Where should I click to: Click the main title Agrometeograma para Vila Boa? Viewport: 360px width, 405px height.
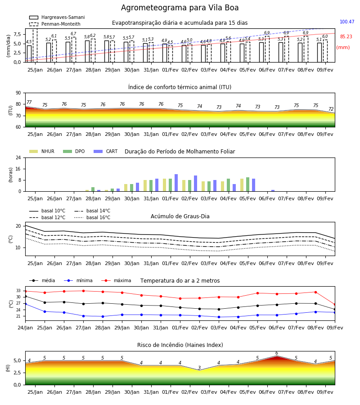click(x=180, y=8)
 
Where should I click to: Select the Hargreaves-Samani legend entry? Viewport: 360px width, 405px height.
click(x=57, y=17)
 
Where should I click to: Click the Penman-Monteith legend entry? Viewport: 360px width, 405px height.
click(x=55, y=24)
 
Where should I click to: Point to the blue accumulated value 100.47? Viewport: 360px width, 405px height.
click(x=347, y=22)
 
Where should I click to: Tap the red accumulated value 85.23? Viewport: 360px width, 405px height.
click(x=346, y=36)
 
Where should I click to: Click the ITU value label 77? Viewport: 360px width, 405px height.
click(x=29, y=102)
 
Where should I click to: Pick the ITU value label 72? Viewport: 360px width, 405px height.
click(x=331, y=109)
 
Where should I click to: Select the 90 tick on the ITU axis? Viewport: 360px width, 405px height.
click(x=18, y=93)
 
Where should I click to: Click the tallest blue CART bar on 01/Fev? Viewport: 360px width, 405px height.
click(x=176, y=183)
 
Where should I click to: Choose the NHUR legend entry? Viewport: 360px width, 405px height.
click(x=42, y=151)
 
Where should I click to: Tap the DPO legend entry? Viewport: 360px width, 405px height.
click(x=74, y=151)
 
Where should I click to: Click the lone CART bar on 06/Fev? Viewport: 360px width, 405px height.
click(x=273, y=191)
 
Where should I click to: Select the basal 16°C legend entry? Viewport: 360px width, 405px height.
click(x=92, y=217)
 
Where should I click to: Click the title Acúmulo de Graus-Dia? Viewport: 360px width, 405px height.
click(x=180, y=216)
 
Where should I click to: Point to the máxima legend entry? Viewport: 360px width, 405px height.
click(x=116, y=280)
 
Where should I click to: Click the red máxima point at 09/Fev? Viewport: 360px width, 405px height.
click(x=335, y=305)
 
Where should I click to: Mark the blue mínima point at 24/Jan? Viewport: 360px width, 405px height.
click(x=25, y=304)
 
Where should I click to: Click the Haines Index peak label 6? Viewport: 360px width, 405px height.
click(x=277, y=353)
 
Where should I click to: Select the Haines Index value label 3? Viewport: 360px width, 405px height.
click(x=199, y=368)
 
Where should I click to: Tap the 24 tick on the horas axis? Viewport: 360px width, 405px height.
click(x=18, y=157)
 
